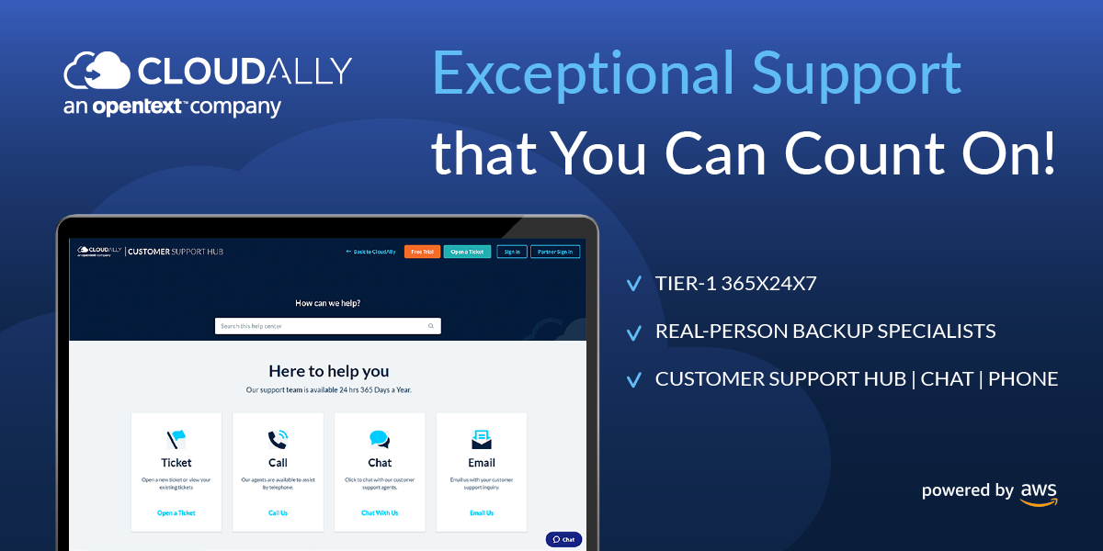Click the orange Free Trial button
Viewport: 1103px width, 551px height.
[x=422, y=252]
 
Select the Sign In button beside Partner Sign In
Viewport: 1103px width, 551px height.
[x=512, y=252]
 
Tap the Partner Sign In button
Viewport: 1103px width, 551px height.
[x=555, y=252]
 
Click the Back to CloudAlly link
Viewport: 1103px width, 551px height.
[x=370, y=252]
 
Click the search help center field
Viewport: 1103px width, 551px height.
[x=322, y=326]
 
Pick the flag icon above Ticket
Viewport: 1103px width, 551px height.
[x=176, y=440]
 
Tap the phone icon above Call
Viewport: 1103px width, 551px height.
[x=278, y=440]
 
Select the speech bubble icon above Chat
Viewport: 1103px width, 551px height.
[x=380, y=440]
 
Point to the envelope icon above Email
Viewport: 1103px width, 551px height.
[x=482, y=440]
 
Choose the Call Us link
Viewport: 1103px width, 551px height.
[x=278, y=513]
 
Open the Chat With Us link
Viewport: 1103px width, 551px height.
[x=380, y=513]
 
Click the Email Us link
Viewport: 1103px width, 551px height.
[x=482, y=513]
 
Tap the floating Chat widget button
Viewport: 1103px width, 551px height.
[x=563, y=539]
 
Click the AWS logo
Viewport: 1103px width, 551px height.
[x=1039, y=493]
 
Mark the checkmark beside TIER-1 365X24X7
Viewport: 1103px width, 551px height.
[x=633, y=284]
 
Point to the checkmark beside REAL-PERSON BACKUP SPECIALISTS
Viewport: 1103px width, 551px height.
[x=633, y=332]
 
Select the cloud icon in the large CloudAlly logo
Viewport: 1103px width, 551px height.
[x=97, y=70]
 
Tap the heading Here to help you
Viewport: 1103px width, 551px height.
[x=328, y=371]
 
